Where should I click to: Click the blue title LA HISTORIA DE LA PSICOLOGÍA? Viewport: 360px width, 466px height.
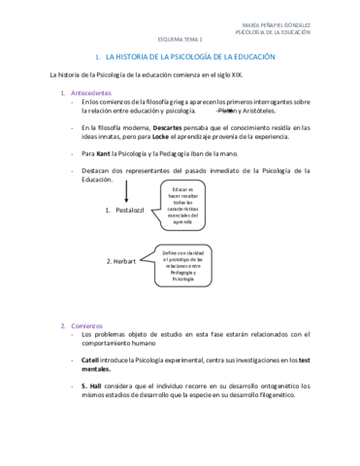tap(185, 58)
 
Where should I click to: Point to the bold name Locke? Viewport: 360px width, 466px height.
tap(162, 136)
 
